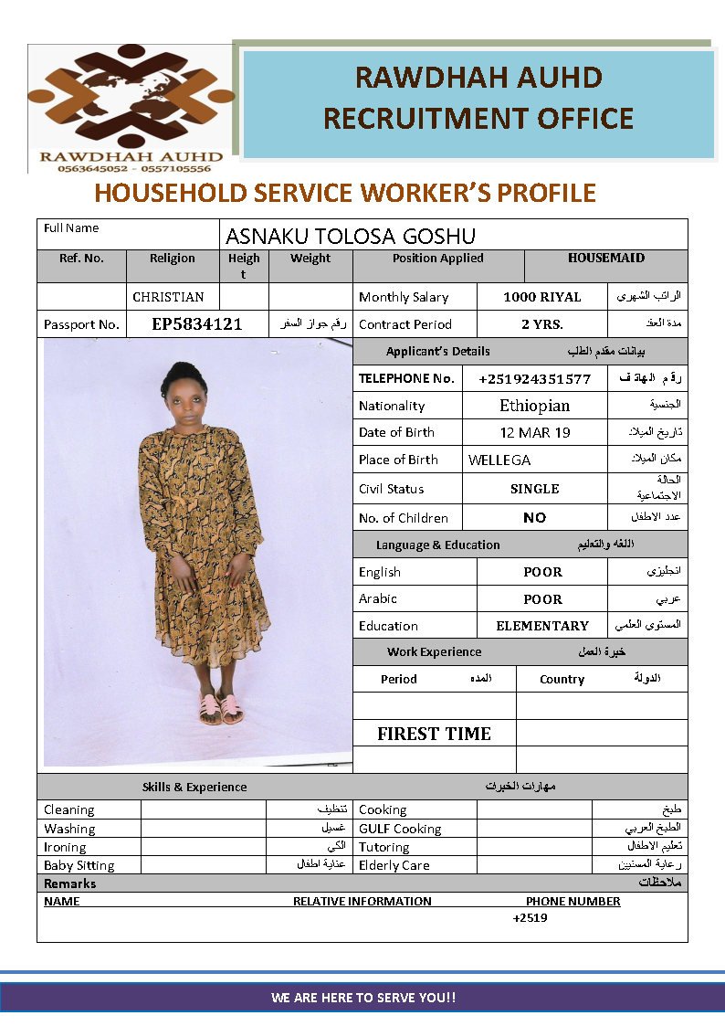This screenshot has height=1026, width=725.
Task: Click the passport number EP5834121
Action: (x=196, y=324)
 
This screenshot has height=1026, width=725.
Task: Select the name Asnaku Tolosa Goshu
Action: (x=351, y=237)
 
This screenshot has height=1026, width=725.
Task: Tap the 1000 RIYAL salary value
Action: (x=541, y=297)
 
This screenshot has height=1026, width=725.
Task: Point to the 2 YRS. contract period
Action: (x=541, y=324)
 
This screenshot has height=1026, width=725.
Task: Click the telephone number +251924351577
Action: (x=534, y=378)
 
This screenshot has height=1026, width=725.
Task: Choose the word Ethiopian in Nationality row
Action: (x=534, y=406)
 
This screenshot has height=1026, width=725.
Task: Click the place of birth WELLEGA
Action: (x=499, y=460)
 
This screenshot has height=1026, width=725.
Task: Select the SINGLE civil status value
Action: (x=534, y=489)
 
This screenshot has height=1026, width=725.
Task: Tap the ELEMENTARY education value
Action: (x=541, y=626)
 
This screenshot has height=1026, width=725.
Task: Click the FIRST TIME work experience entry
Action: (x=434, y=734)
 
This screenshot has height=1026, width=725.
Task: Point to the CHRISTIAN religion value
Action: (x=168, y=297)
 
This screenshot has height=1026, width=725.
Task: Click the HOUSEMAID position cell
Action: (x=605, y=259)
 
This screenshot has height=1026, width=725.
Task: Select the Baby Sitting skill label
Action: (x=79, y=865)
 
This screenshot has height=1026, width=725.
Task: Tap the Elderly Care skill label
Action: (x=394, y=865)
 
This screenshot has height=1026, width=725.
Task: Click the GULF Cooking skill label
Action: (x=400, y=829)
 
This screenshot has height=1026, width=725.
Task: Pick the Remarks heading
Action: (x=69, y=883)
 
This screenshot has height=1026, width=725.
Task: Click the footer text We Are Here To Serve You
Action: (x=362, y=998)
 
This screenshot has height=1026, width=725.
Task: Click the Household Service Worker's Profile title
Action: (x=345, y=193)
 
